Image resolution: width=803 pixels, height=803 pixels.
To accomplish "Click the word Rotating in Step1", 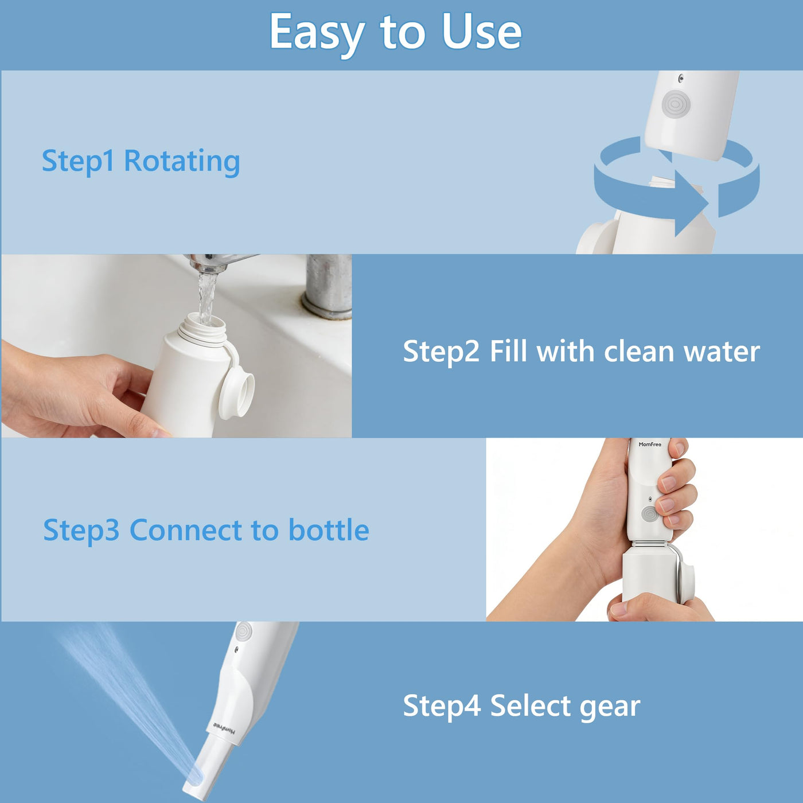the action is point(182,162).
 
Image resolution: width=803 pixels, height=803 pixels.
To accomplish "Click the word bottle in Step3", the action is point(329,529).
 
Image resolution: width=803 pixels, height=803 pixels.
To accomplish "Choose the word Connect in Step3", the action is point(186,529).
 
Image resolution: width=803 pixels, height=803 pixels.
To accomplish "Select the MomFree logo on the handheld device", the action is point(650,444).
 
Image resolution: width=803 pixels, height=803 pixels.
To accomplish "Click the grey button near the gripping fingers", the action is point(649,514).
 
